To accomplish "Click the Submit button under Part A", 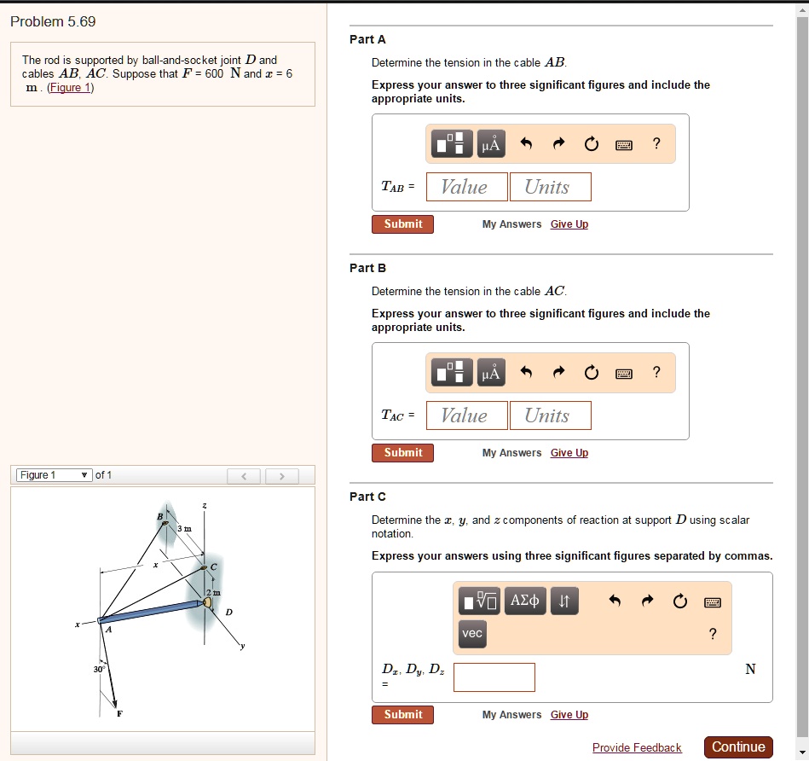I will click(x=402, y=224).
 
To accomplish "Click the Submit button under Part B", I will click(x=402, y=453).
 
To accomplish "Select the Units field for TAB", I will click(x=550, y=187).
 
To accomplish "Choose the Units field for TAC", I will click(x=550, y=415).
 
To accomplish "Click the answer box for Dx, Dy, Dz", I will click(x=494, y=677).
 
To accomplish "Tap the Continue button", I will click(x=738, y=747).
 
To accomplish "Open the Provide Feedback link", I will click(x=637, y=748).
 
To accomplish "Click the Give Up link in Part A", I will click(x=569, y=224).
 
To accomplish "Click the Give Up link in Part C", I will click(x=569, y=715).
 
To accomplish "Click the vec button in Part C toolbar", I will click(x=472, y=633).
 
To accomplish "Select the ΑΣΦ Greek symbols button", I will click(x=524, y=601).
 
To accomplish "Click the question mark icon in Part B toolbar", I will click(x=656, y=372).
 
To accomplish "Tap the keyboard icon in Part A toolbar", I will click(x=624, y=144).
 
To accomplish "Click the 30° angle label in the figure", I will click(x=100, y=670).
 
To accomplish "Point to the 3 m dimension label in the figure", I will click(x=184, y=529).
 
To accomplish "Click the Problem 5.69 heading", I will click(x=53, y=22).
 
